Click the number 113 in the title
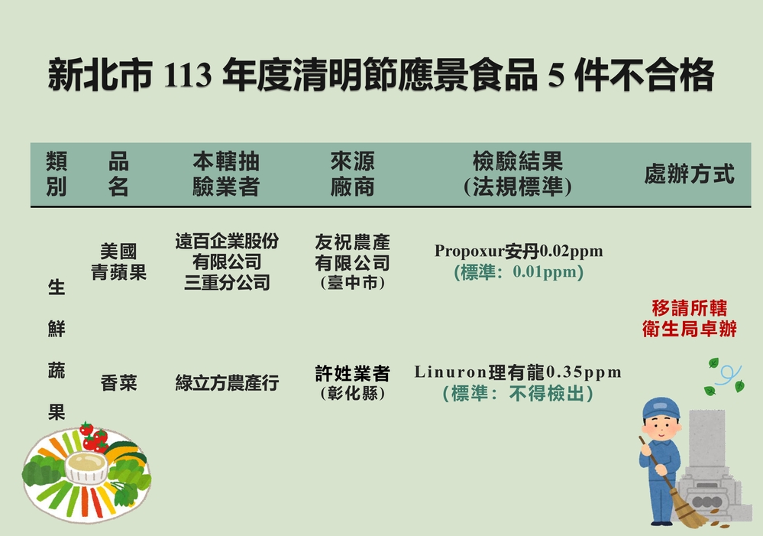tap(186, 76)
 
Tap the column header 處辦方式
tap(689, 174)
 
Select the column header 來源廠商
tap(352, 174)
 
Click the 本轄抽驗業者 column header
tap(226, 174)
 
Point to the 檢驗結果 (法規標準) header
tap(517, 174)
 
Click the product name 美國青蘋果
tap(118, 262)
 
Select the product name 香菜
tap(118, 383)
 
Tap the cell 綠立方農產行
tap(227, 383)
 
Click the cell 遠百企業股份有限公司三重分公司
tap(227, 262)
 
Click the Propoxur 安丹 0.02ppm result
tap(518, 251)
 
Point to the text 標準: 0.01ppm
tap(518, 272)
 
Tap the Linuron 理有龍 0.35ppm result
tap(518, 372)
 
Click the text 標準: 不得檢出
tap(518, 394)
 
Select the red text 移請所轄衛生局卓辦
tap(689, 319)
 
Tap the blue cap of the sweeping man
tap(660, 409)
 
